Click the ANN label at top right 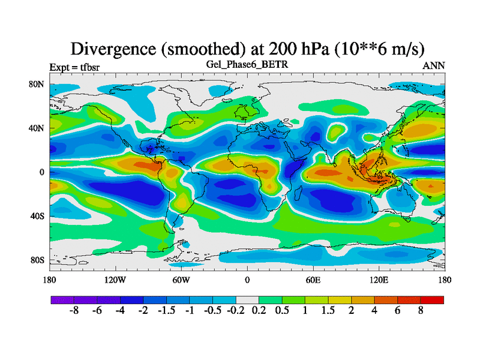(x=434, y=66)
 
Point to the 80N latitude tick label (x=37, y=85)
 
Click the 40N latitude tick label (x=37, y=128)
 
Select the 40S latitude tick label (x=37, y=216)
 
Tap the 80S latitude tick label (x=37, y=260)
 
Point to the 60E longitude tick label (x=313, y=280)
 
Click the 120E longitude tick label (x=379, y=280)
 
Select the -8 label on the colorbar (x=74, y=311)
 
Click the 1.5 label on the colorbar (x=328, y=311)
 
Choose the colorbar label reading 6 (x=398, y=311)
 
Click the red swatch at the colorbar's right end (x=432, y=299)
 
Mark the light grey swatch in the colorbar (x=247, y=299)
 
